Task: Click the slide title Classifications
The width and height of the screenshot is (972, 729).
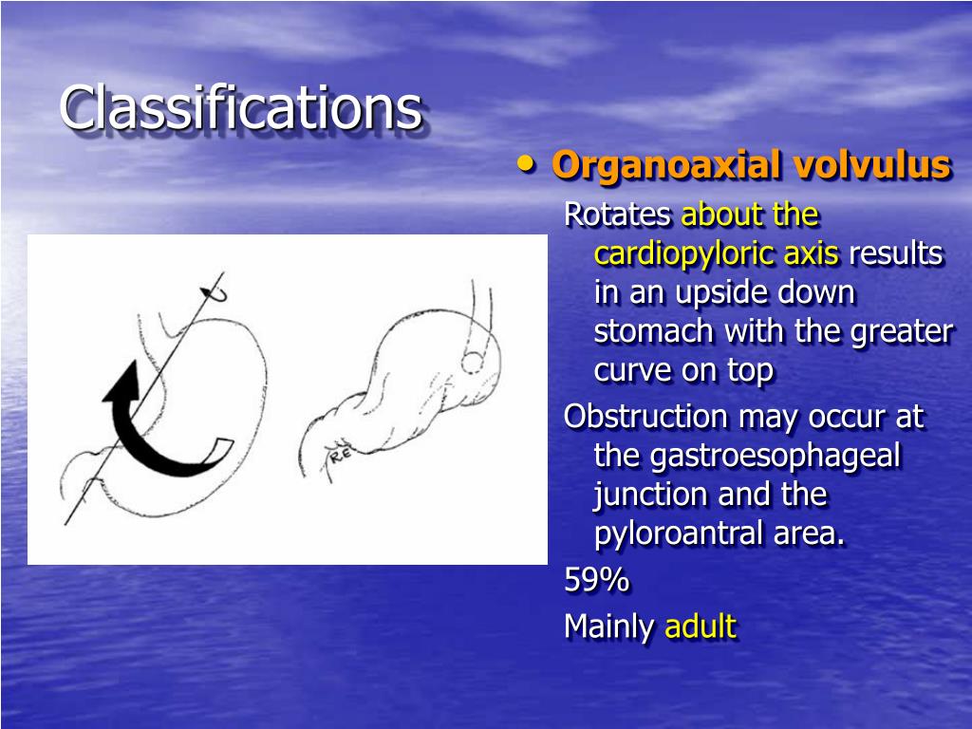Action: click(x=240, y=107)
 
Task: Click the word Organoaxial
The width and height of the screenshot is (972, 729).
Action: click(x=668, y=165)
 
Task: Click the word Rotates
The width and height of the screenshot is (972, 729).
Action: click(x=618, y=215)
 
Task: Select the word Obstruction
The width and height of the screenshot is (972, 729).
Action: click(x=645, y=417)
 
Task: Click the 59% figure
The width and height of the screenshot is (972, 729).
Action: click(x=596, y=580)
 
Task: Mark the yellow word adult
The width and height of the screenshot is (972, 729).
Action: click(x=701, y=626)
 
